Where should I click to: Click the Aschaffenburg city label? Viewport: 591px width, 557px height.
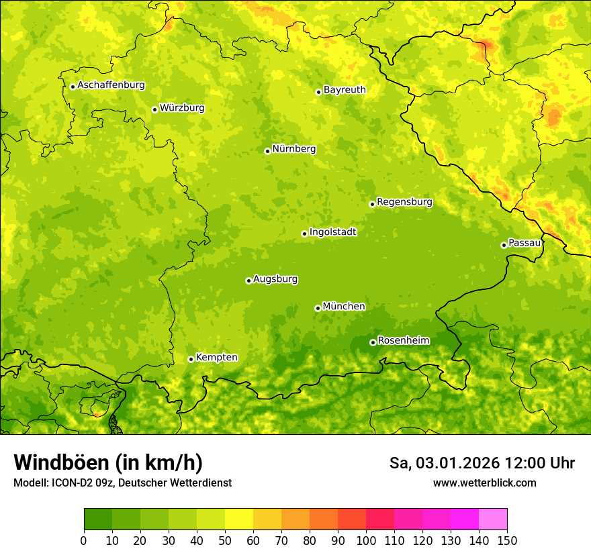pos(111,85)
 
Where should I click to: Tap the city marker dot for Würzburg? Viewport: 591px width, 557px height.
pos(154,109)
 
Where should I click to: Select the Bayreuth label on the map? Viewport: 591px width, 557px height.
pos(345,89)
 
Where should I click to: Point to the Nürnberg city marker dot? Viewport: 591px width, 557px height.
pos(267,151)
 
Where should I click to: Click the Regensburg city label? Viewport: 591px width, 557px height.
pos(404,201)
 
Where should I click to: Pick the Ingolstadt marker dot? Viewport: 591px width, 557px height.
pos(304,234)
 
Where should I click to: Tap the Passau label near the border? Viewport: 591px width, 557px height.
pos(525,242)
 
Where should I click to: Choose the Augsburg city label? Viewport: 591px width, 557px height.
pos(275,278)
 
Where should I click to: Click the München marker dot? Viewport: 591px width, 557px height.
pos(318,308)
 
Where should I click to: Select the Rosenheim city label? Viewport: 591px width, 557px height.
pos(403,340)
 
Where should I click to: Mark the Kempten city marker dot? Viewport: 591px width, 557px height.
pos(191,359)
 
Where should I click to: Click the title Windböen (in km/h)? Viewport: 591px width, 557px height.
pos(108,462)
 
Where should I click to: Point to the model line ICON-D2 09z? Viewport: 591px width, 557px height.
pos(122,483)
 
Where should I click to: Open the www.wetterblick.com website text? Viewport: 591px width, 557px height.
pos(484,483)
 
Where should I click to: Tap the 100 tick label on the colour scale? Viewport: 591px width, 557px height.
pos(365,540)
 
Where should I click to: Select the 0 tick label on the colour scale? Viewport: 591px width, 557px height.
pos(84,540)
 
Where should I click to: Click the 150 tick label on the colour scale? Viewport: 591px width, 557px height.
pos(507,540)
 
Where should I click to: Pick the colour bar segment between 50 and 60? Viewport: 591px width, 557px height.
pos(239,519)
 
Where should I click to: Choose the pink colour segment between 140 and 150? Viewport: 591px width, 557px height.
pos(493,519)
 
